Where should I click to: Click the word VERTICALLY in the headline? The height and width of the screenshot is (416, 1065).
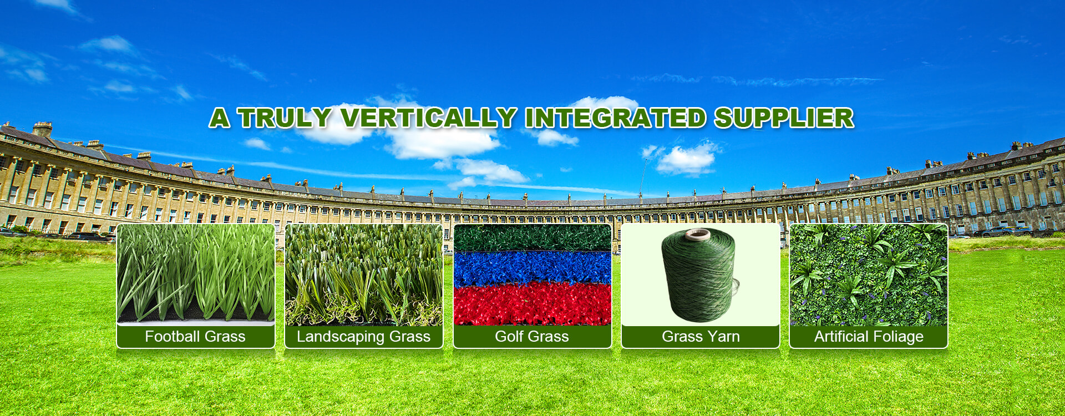(428, 118)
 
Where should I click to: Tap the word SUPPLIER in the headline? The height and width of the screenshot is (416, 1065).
(783, 118)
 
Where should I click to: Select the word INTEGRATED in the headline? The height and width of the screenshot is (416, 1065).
(615, 118)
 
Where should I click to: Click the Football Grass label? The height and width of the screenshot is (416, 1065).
(195, 337)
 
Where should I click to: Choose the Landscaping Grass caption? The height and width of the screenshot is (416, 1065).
(363, 337)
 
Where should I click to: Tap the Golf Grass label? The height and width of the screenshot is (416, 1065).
(532, 337)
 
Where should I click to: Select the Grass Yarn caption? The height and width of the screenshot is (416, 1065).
(701, 337)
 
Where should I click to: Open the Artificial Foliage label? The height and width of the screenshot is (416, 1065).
(869, 337)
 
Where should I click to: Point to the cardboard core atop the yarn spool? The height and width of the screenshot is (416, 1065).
(697, 235)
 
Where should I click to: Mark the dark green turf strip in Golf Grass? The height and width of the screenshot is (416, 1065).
(532, 237)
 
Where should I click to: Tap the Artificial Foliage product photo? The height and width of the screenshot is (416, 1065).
(869, 275)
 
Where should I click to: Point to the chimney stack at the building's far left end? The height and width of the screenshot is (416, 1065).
(42, 129)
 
